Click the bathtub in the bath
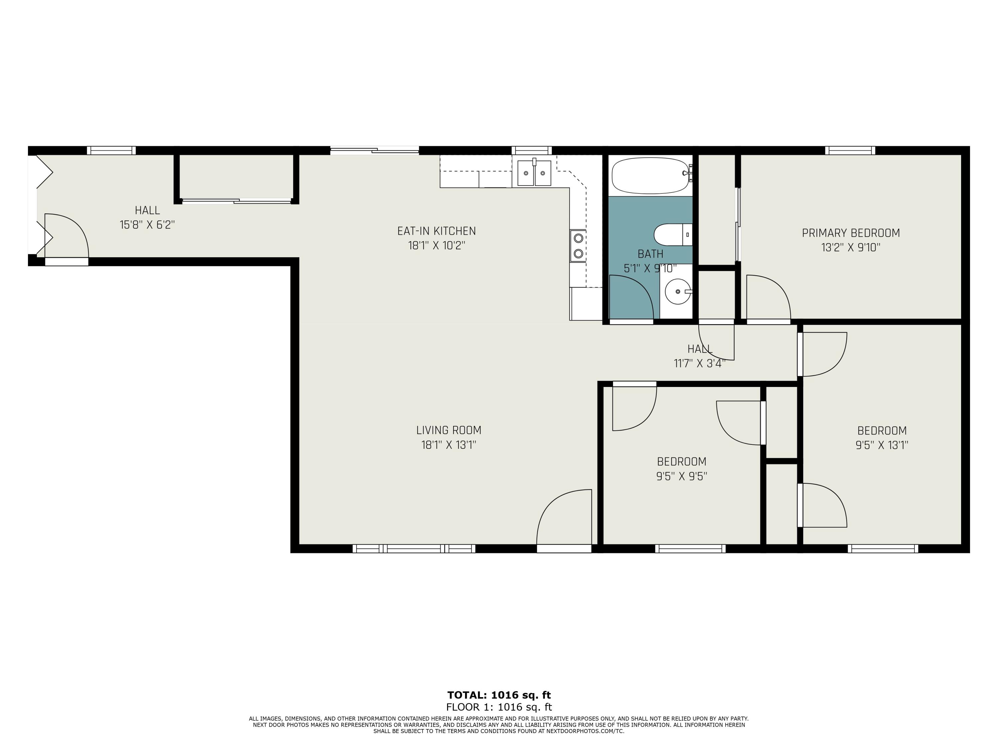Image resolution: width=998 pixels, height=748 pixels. pyautogui.click(x=651, y=176)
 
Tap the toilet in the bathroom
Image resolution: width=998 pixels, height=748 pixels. pyautogui.click(x=672, y=234)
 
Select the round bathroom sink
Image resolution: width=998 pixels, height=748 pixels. pyautogui.click(x=677, y=291)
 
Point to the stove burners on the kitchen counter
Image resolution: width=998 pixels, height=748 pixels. pyautogui.click(x=578, y=246)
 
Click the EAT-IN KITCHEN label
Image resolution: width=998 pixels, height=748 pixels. pyautogui.click(x=436, y=231)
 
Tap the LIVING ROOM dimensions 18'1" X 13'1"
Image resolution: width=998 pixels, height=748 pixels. pyautogui.click(x=448, y=445)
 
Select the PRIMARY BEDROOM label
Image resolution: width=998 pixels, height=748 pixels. pyautogui.click(x=851, y=233)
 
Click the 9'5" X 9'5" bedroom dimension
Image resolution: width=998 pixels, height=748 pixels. pyautogui.click(x=681, y=476)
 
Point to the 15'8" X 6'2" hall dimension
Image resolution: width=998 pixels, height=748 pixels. pyautogui.click(x=147, y=224)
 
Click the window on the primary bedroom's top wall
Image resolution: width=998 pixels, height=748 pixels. pyautogui.click(x=850, y=151)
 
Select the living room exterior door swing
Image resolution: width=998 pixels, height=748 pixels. pyautogui.click(x=564, y=519)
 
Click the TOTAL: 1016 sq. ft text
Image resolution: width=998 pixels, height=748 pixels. pyautogui.click(x=499, y=695)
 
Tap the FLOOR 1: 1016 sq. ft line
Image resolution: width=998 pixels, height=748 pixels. pyautogui.click(x=499, y=707)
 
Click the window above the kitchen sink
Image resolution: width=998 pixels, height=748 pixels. pyautogui.click(x=532, y=151)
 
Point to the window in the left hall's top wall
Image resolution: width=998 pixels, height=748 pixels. pyautogui.click(x=111, y=151)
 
